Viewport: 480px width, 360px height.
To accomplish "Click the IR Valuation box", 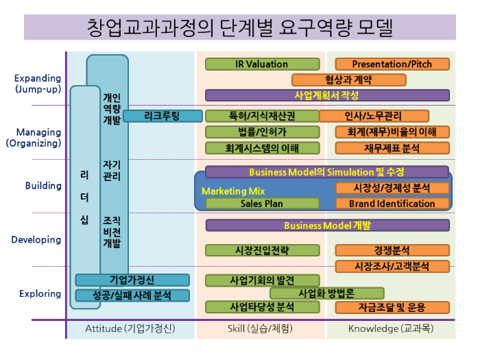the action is (x=262, y=64).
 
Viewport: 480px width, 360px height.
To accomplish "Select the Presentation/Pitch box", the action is (x=392, y=64).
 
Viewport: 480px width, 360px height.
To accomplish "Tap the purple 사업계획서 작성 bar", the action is (x=327, y=95).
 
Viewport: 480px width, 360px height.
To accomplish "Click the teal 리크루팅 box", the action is (x=163, y=116).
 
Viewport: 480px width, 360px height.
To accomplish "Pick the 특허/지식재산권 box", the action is (x=262, y=116).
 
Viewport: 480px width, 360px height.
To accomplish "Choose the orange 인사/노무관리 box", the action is (x=374, y=116).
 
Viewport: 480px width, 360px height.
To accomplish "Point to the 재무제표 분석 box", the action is (x=392, y=147).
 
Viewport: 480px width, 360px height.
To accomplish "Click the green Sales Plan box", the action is (x=262, y=203).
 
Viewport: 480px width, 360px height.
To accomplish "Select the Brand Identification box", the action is (x=392, y=203).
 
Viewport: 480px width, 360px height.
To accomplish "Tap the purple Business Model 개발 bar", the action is (x=327, y=225).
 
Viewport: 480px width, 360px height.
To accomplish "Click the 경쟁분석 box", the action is (x=392, y=250).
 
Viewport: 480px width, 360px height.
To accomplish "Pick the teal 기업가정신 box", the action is (x=132, y=280).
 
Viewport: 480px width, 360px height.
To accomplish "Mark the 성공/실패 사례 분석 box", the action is (x=132, y=296).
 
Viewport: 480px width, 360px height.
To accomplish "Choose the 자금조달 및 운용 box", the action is (x=392, y=307).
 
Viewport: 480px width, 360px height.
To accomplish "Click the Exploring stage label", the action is (x=40, y=293).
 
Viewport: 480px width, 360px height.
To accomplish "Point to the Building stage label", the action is (x=43, y=186).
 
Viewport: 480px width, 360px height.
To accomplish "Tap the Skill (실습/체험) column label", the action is (x=260, y=328).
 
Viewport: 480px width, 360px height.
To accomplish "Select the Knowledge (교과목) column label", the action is (x=390, y=328).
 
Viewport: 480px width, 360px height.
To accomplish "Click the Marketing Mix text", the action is (x=233, y=191).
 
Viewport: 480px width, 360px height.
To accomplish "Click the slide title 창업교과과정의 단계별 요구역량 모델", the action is (x=240, y=28).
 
